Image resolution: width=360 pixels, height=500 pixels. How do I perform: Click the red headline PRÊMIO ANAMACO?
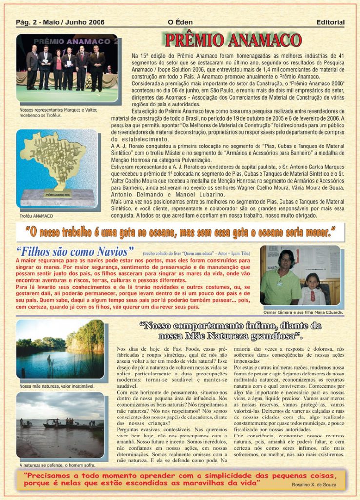[233, 41]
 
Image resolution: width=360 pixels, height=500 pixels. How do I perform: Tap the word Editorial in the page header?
[330, 22]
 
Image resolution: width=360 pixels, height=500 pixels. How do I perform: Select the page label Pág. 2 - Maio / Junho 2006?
[60, 22]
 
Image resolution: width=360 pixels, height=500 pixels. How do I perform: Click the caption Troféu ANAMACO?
[37, 216]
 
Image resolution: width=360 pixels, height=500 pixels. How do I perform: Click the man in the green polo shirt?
[280, 281]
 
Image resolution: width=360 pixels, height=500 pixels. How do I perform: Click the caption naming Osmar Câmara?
[302, 312]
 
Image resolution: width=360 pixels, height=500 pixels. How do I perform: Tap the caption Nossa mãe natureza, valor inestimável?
[57, 386]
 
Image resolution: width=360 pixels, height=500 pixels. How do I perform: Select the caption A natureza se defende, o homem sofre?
[58, 465]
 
